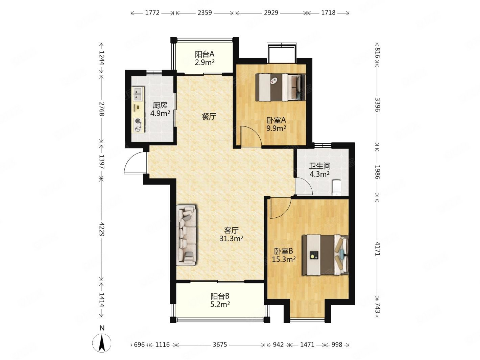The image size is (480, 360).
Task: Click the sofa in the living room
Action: (x=186, y=235)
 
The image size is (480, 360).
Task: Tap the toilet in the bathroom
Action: (x=336, y=188)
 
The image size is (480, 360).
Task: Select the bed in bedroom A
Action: (x=280, y=88)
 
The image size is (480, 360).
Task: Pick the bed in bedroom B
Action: (x=325, y=255)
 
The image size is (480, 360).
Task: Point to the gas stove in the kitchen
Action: (x=138, y=125)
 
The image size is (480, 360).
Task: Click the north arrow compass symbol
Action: (x=102, y=343)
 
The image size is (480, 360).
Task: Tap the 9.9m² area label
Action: (x=276, y=128)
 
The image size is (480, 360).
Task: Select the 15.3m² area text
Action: (x=284, y=259)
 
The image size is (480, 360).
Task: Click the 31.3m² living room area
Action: (x=231, y=238)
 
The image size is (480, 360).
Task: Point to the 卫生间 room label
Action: (x=319, y=166)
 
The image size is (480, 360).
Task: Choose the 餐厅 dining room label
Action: (x=209, y=116)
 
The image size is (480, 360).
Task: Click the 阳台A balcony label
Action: (x=205, y=54)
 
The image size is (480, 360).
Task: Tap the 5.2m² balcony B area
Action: (x=220, y=304)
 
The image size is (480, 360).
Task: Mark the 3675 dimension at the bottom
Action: (x=220, y=345)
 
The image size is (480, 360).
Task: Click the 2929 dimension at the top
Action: (x=271, y=13)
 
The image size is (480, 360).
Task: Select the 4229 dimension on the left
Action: (x=101, y=229)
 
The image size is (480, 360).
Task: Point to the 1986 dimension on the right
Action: (x=378, y=172)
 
